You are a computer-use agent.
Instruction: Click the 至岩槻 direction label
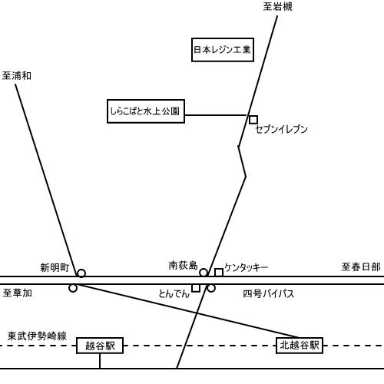[x=277, y=7]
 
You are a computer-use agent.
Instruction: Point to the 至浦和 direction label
[x=17, y=76]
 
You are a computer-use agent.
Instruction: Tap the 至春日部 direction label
[x=361, y=267]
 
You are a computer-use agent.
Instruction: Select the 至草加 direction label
[x=17, y=293]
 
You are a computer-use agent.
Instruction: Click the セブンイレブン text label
[x=282, y=129]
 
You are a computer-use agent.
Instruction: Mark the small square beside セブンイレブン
[x=253, y=120]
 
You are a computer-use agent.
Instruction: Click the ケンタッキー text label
[x=247, y=267]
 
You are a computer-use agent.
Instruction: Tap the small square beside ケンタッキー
[x=219, y=273]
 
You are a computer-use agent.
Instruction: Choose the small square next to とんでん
[x=196, y=288]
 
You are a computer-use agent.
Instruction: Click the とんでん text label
[x=174, y=293]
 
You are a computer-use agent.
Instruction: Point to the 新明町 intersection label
[x=55, y=268]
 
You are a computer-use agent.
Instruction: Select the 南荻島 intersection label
[x=183, y=266]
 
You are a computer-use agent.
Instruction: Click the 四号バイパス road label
[x=269, y=293]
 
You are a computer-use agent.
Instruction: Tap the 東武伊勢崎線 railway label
[x=37, y=336]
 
